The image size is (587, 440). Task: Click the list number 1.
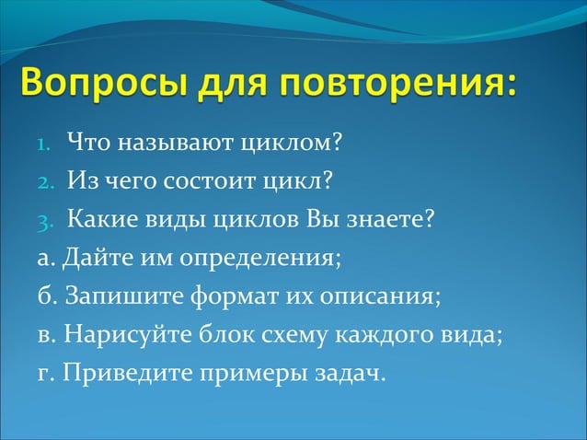click(x=44, y=145)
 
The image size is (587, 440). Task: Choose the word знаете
click(x=385, y=221)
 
